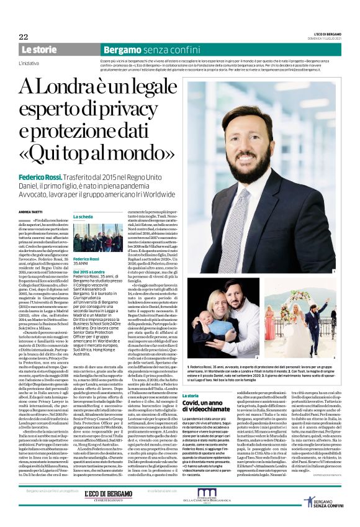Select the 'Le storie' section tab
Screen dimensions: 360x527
coord(38,49)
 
